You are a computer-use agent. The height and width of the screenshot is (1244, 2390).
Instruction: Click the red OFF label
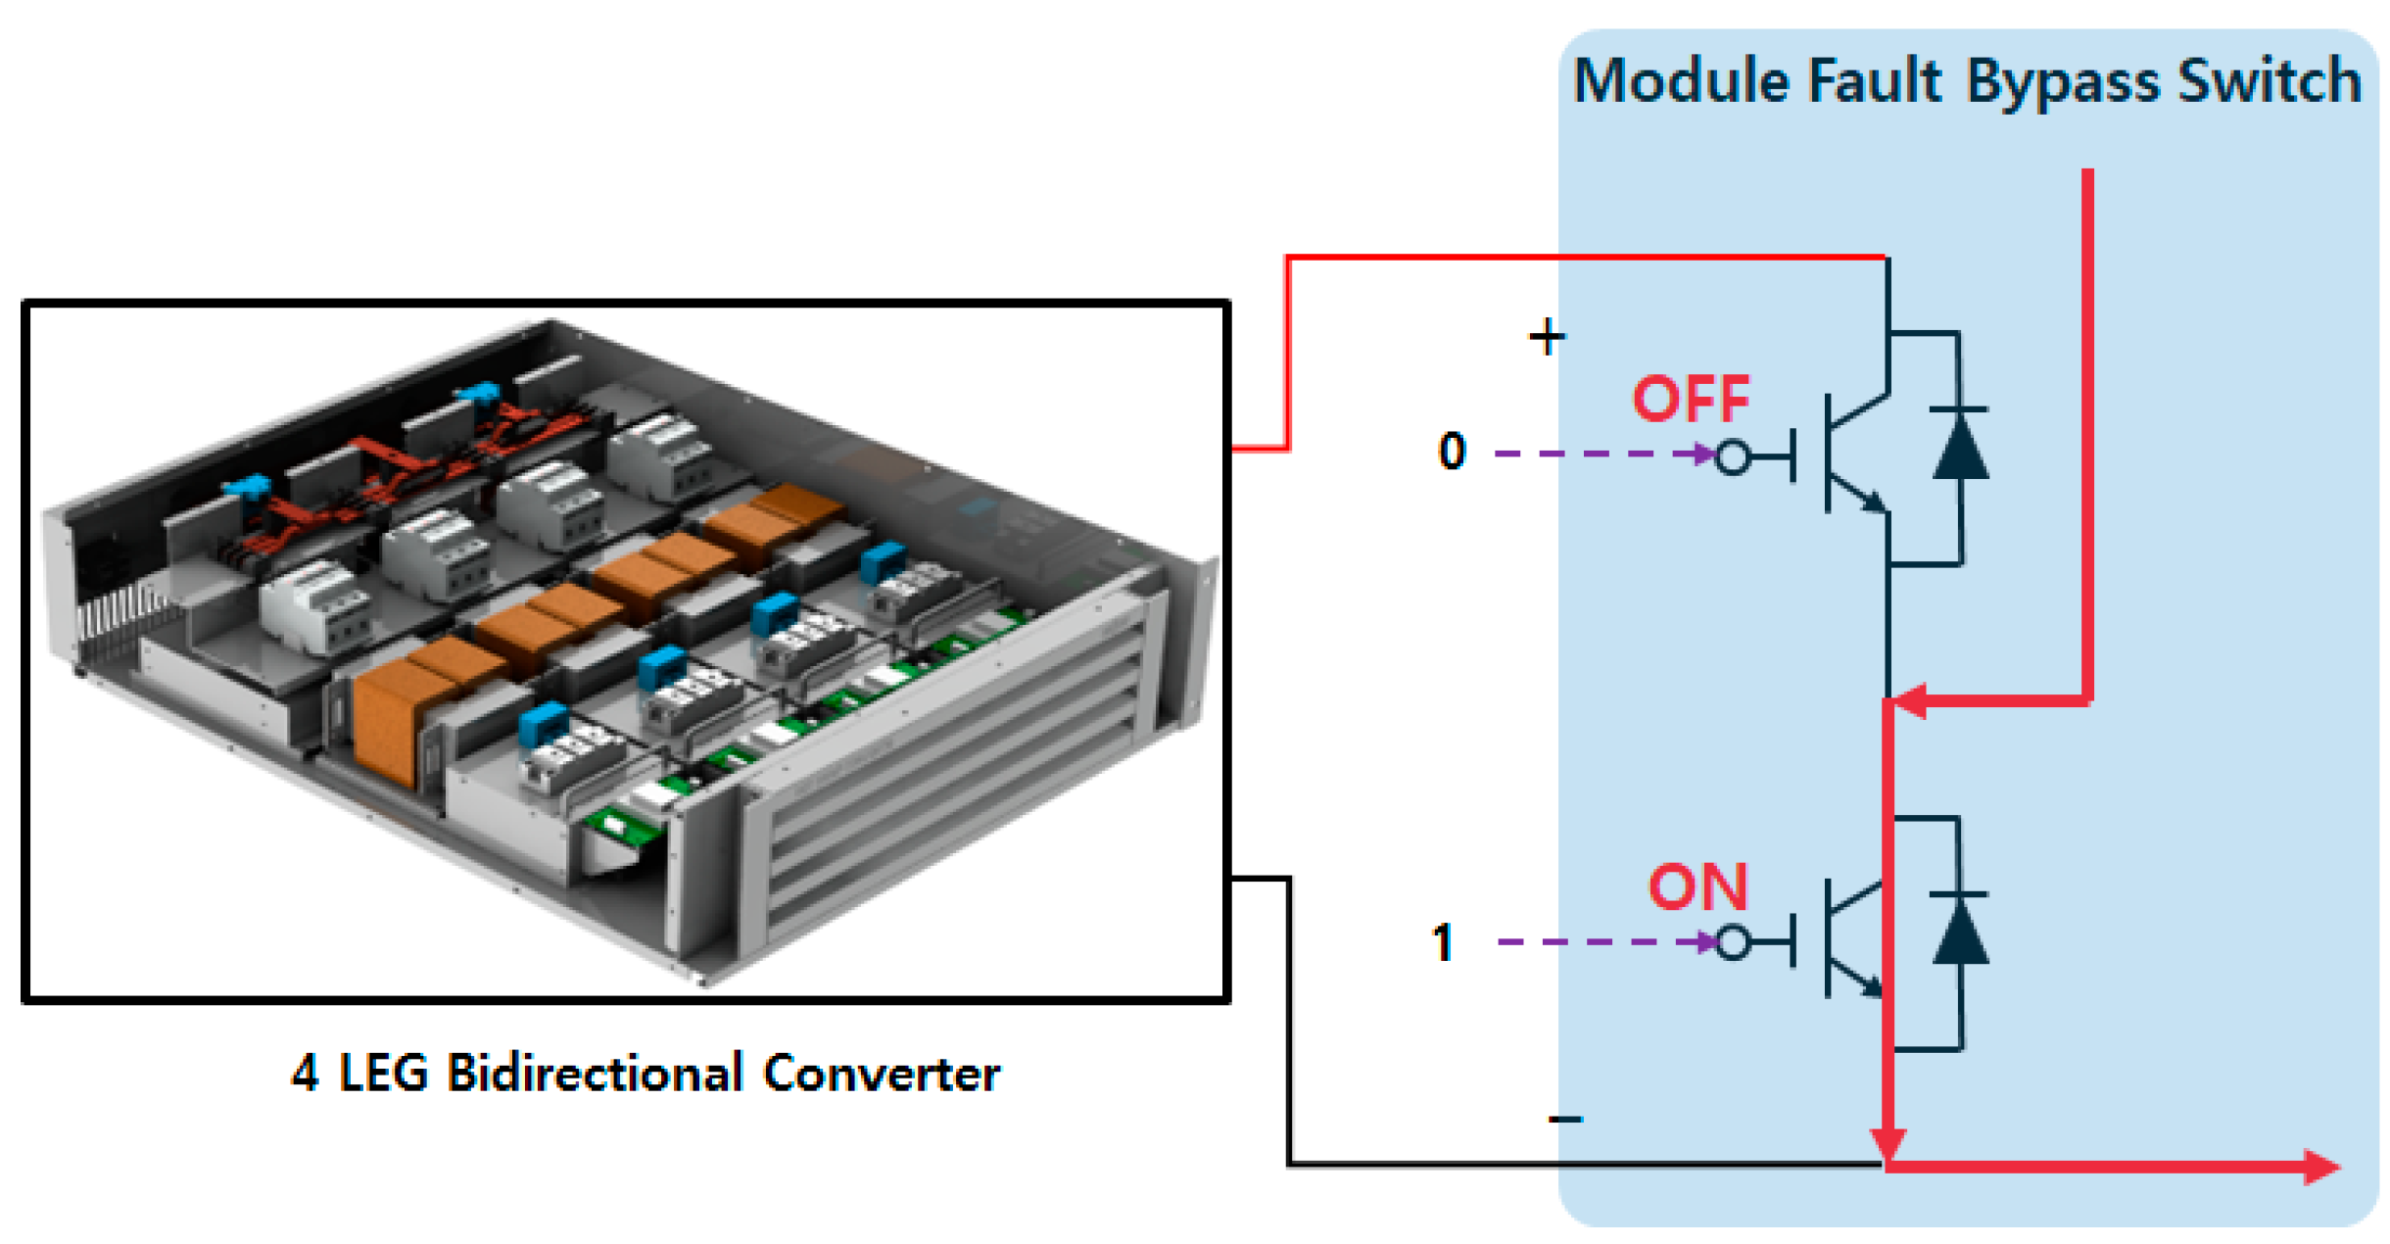coord(1691,399)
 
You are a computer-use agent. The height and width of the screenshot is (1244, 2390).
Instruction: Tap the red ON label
coord(1698,887)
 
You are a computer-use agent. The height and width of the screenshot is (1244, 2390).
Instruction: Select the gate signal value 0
coord(1452,452)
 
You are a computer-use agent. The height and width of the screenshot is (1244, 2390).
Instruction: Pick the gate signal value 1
coord(1443,943)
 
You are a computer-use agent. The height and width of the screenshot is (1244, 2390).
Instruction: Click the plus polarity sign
coord(1547,337)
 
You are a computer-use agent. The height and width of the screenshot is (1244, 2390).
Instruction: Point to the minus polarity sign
coord(1565,1119)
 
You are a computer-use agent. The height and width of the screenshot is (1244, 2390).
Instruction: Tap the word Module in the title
coord(1682,80)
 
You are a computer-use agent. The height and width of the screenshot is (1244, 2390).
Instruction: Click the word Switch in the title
coord(2270,80)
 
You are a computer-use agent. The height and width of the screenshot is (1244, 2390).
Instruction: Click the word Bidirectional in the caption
coord(596,1073)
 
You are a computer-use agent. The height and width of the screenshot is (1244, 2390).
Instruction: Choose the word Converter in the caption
coord(882,1073)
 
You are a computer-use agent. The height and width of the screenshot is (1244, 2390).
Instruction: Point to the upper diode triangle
coord(1960,444)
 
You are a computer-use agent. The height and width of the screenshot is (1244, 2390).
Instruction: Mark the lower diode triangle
coord(1960,930)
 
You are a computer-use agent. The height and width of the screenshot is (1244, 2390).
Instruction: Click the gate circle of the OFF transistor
coord(1732,456)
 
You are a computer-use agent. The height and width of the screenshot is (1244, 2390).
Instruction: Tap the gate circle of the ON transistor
coord(1733,943)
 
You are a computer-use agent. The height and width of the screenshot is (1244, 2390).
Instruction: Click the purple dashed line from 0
coord(1602,454)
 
